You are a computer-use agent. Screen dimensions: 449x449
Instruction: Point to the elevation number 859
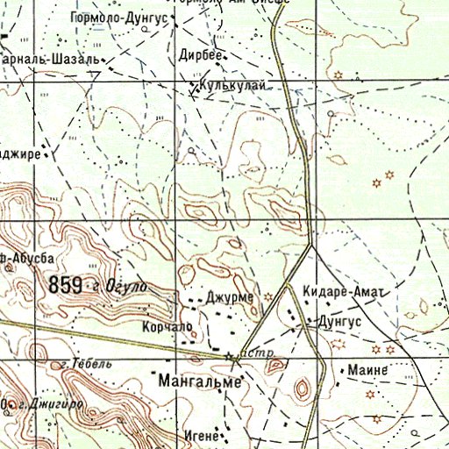[x=66, y=284]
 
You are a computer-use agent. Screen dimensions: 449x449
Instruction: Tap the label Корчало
[x=167, y=325]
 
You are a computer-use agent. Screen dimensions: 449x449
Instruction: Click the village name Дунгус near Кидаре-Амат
[x=339, y=322]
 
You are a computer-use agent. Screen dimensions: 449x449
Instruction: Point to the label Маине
[x=367, y=369]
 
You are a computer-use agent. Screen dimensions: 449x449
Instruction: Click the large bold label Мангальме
[x=200, y=381]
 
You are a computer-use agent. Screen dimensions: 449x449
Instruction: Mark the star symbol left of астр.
[x=232, y=356]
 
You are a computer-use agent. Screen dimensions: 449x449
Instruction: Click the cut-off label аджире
[x=20, y=153]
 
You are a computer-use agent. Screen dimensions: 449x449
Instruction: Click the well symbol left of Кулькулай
[x=194, y=87]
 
